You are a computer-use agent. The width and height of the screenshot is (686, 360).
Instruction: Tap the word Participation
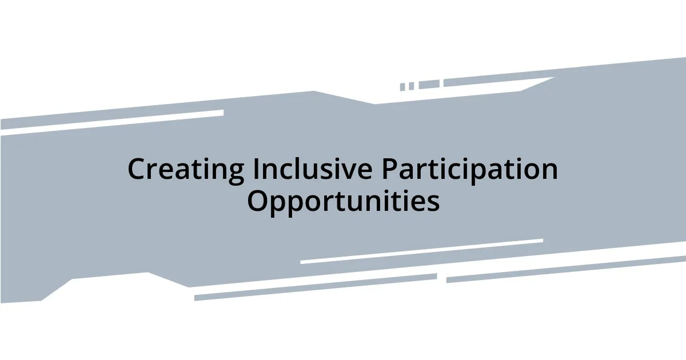pos(469,170)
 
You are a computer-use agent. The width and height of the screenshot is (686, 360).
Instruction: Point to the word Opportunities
pos(343,201)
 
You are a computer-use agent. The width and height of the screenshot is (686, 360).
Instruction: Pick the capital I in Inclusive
pos(256,170)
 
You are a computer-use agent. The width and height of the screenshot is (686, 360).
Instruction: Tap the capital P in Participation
pos(389,170)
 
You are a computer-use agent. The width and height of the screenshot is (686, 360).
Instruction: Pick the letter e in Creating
pos(169,172)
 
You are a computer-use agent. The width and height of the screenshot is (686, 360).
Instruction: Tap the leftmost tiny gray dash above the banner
pos(402,87)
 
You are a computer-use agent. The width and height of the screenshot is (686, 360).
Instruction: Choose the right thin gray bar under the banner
pos(566,268)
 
